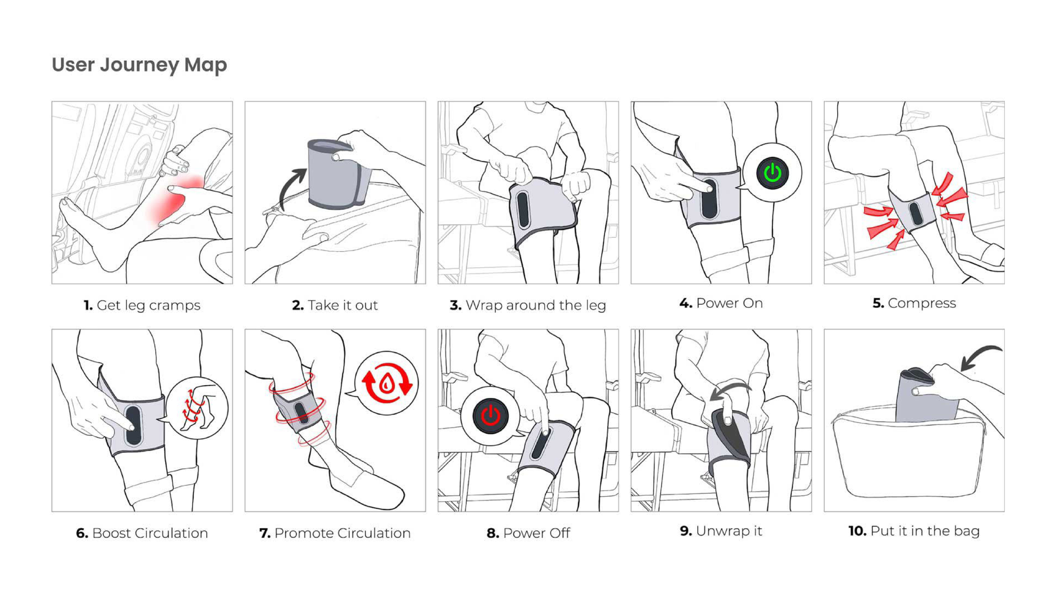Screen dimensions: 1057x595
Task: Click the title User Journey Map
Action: pyautogui.click(x=139, y=65)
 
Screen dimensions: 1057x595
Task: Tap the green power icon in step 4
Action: pyautogui.click(x=772, y=173)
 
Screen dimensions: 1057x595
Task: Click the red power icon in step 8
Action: pyautogui.click(x=490, y=416)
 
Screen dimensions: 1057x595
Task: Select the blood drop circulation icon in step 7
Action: pyautogui.click(x=386, y=383)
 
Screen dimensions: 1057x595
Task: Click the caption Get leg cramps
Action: pyautogui.click(x=142, y=305)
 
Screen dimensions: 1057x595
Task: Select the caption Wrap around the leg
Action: pyautogui.click(x=528, y=305)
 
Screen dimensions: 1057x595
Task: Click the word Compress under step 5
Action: pyautogui.click(x=921, y=303)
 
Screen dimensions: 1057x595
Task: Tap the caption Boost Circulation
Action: pyautogui.click(x=142, y=533)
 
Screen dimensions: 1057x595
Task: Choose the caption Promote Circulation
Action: pyautogui.click(x=335, y=533)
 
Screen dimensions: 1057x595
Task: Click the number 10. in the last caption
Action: pyautogui.click(x=857, y=531)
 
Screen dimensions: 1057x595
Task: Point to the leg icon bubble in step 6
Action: pyautogui.click(x=197, y=408)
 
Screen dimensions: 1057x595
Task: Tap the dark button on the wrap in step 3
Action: pyautogui.click(x=523, y=209)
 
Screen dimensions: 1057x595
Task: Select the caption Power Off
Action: pyautogui.click(x=528, y=533)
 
